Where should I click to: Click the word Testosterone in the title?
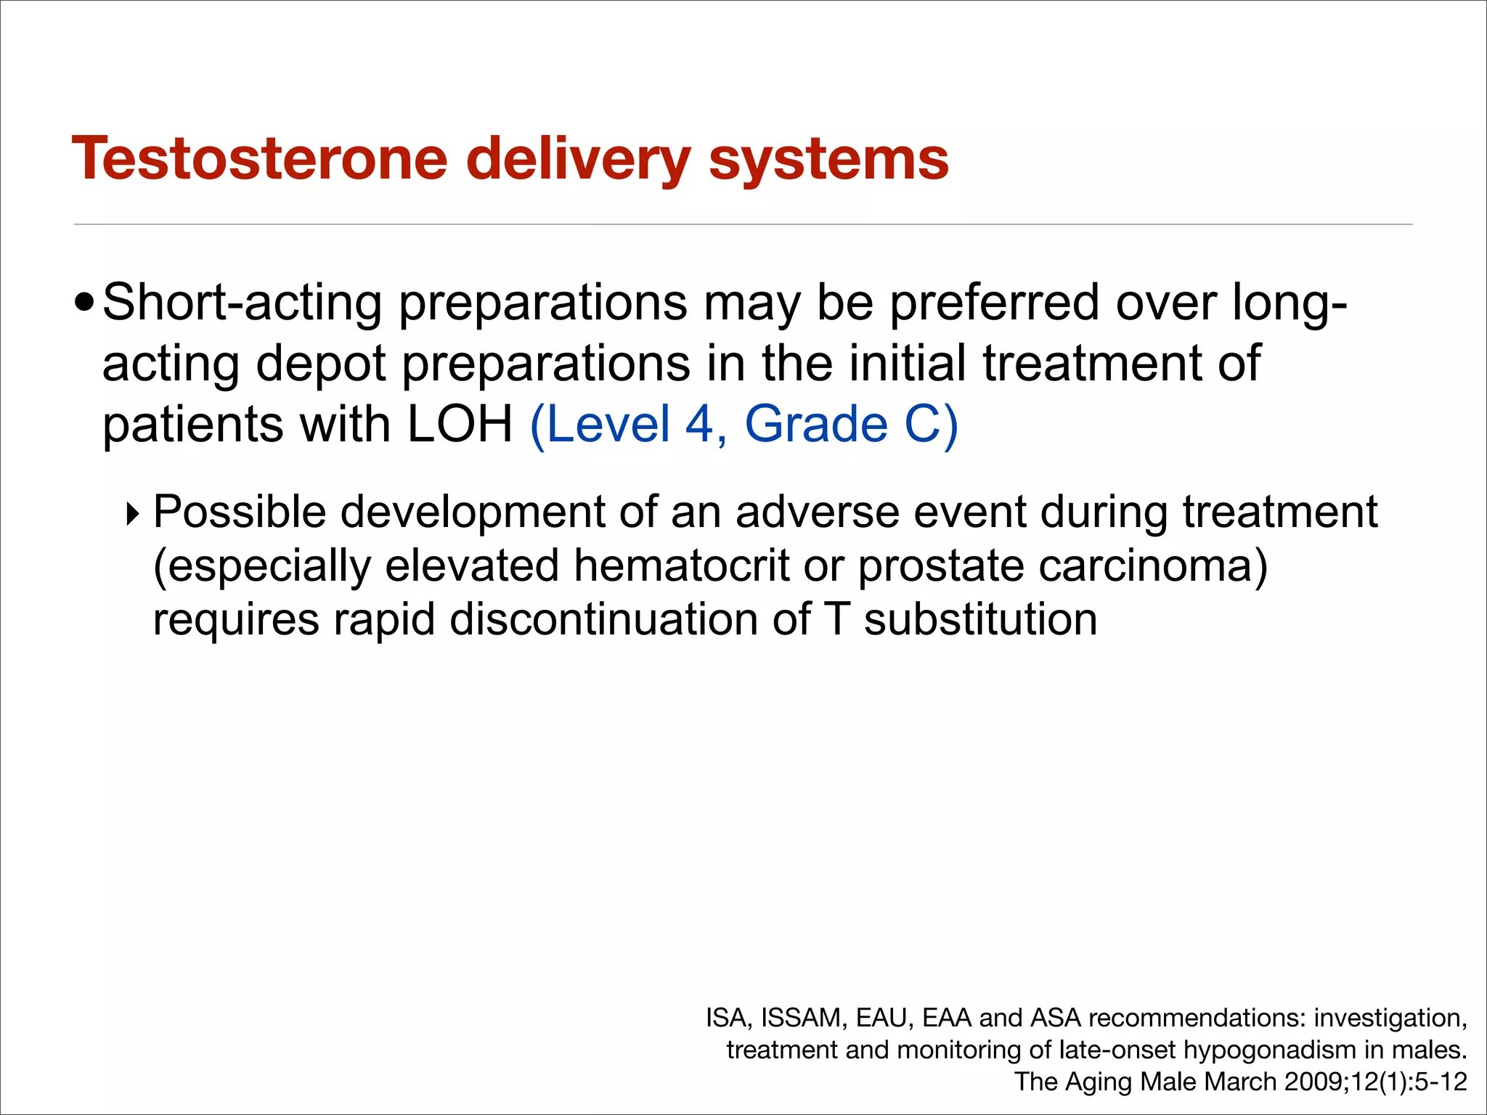(259, 159)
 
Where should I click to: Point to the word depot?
(320, 364)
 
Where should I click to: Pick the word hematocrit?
(681, 566)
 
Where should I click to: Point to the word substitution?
(979, 620)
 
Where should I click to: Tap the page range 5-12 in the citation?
(1441, 1082)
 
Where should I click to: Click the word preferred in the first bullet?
(994, 303)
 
